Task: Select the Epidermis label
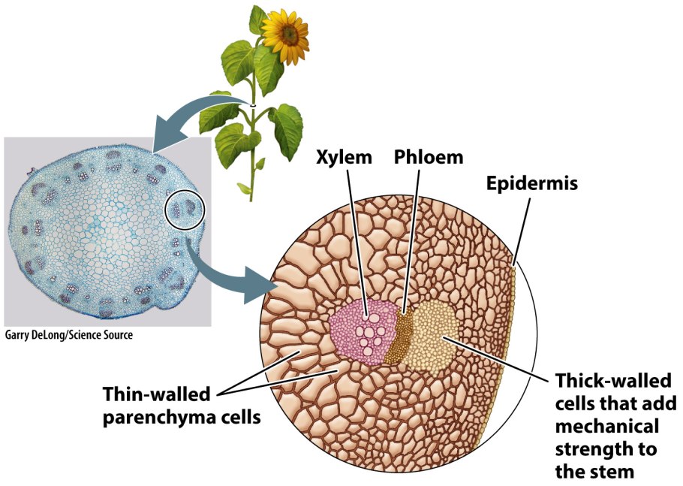531,183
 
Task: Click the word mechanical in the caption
607,426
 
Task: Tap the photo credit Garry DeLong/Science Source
69,335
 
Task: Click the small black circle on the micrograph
185,208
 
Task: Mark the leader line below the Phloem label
412,240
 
